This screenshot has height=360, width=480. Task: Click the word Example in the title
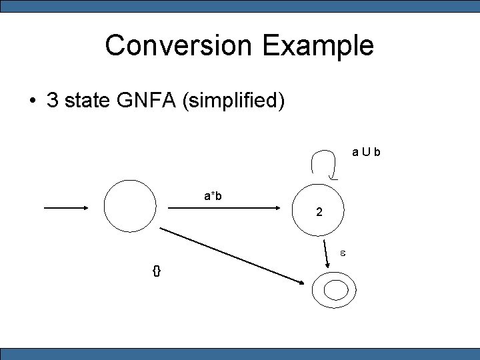[318, 45]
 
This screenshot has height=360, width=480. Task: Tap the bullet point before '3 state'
[32, 101]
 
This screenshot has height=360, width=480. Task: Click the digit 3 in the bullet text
[52, 101]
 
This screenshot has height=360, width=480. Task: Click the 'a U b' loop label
[366, 153]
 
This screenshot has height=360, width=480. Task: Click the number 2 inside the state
[320, 213]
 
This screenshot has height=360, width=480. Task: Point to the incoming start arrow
[67, 208]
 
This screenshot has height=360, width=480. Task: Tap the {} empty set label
[157, 271]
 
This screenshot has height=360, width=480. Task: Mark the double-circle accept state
[335, 290]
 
